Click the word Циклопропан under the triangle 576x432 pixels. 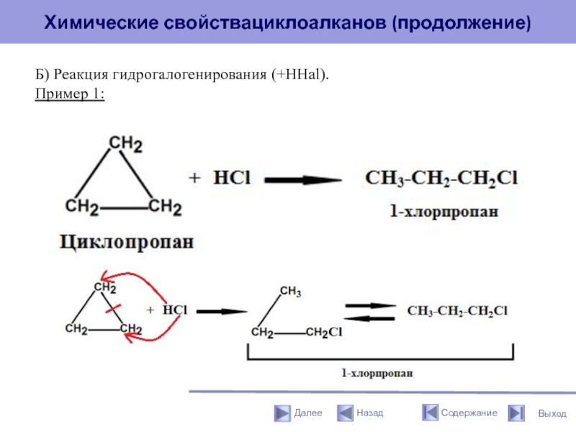click(x=126, y=242)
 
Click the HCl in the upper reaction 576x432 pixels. click(x=231, y=179)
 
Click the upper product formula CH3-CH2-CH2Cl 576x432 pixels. click(x=441, y=179)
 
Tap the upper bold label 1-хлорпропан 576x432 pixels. click(x=444, y=212)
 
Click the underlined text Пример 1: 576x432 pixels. click(x=70, y=94)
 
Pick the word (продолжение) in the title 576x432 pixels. click(x=462, y=24)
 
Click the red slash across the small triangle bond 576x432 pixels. click(x=114, y=310)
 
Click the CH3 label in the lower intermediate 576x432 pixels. click(x=290, y=292)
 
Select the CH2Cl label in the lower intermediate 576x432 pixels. click(x=323, y=332)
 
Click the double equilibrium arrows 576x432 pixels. click(x=370, y=311)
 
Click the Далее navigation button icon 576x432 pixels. click(x=282, y=413)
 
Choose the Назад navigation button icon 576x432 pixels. click(x=344, y=413)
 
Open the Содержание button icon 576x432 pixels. click(x=430, y=413)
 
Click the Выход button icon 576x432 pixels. click(x=516, y=413)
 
